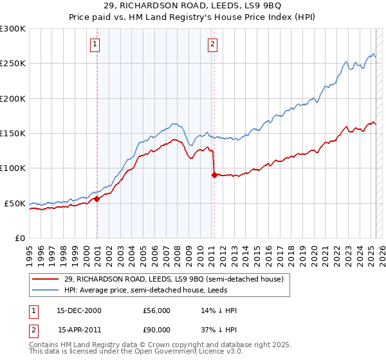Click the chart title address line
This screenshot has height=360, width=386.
pyautogui.click(x=193, y=6)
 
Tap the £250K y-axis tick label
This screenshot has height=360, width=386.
pyautogui.click(x=13, y=64)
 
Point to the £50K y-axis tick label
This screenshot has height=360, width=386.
pyautogui.click(x=15, y=203)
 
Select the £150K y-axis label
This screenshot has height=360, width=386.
pyautogui.click(x=13, y=133)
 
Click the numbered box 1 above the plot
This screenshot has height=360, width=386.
pyautogui.click(x=95, y=44)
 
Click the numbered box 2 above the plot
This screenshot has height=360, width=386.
pyautogui.click(x=212, y=44)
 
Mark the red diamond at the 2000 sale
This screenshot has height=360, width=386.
pyautogui.click(x=97, y=199)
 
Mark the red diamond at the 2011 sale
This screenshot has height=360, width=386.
pyautogui.click(x=214, y=175)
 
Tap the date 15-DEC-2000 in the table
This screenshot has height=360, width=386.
pyautogui.click(x=79, y=310)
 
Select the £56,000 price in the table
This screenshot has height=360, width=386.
pyautogui.click(x=156, y=310)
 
